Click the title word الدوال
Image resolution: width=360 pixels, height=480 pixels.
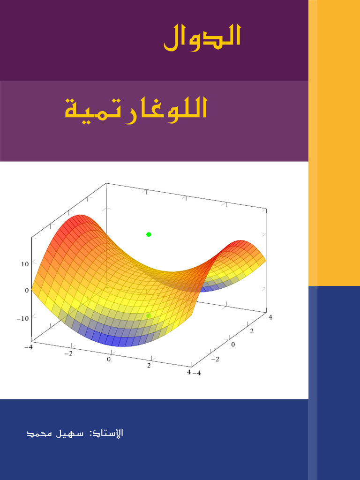202,37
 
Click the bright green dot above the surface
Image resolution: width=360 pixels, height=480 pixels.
149,234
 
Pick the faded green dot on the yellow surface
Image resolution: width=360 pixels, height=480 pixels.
149,315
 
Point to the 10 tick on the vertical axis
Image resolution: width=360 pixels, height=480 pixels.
24,264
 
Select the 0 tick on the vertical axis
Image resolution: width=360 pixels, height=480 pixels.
26,290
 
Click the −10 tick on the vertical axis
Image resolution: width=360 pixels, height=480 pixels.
22,318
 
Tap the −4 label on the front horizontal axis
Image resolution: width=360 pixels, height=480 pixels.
29,347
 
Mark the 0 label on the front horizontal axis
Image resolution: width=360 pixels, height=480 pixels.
109,359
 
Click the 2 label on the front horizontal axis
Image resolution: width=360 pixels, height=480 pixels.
149,366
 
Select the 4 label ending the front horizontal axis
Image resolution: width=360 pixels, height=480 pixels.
189,372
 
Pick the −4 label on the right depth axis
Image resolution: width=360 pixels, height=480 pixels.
197,373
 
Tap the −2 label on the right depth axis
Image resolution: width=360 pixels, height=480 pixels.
216,359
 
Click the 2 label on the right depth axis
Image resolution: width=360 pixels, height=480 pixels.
252,331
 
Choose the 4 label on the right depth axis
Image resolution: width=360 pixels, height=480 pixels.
270,317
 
